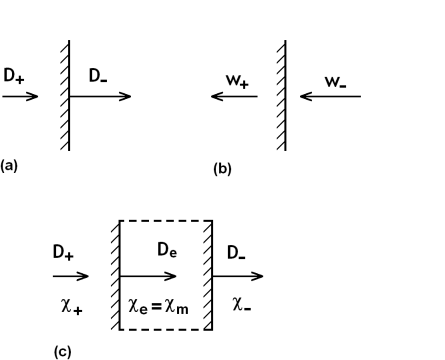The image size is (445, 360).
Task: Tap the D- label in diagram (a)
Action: click(x=98, y=75)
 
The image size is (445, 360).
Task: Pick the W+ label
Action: click(x=238, y=76)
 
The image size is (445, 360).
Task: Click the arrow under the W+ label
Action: click(x=232, y=97)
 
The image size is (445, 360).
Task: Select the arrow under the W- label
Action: click(x=330, y=97)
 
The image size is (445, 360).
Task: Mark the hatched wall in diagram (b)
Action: click(x=281, y=95)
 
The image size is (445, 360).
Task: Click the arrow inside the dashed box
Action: click(x=149, y=275)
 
